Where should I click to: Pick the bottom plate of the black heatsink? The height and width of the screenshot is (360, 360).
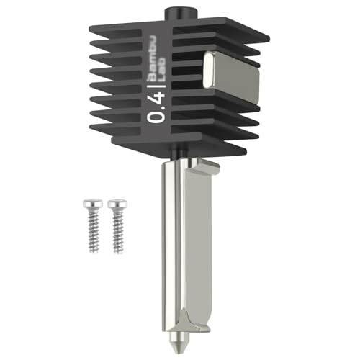tap(180, 148)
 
